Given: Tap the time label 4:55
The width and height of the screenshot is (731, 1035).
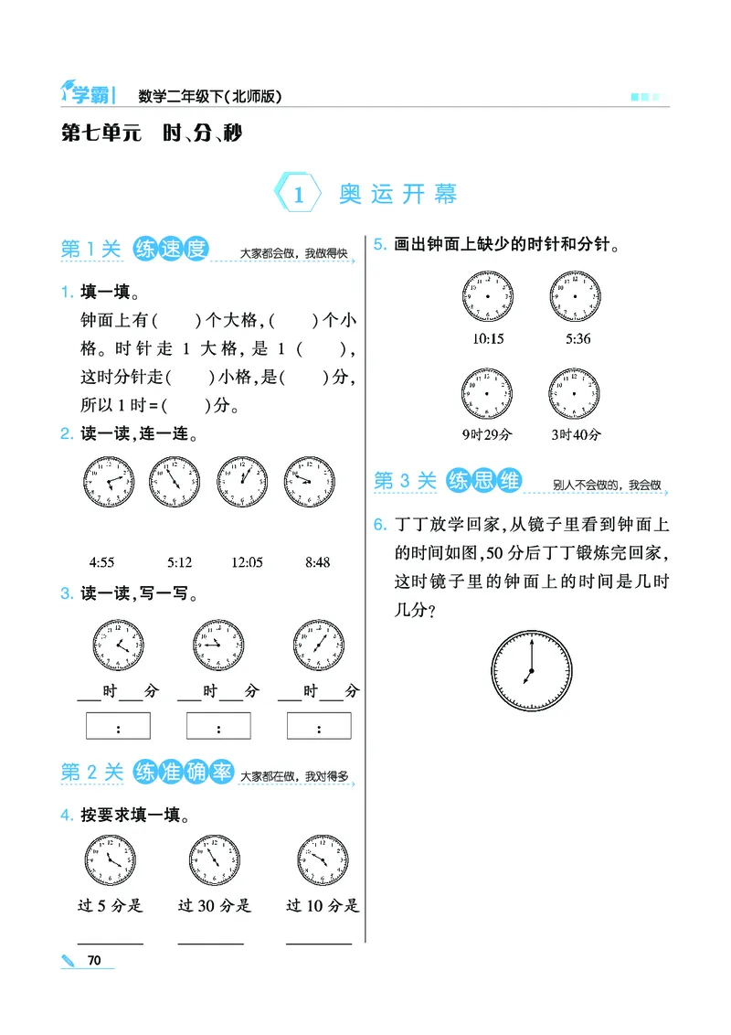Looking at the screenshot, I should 101,562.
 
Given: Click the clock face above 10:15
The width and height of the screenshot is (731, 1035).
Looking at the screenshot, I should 488,297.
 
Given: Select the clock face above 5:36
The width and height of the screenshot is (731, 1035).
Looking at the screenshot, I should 576,297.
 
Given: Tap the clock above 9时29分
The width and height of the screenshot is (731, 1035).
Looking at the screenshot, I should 488,393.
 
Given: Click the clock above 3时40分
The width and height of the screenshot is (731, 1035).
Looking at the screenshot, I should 576,393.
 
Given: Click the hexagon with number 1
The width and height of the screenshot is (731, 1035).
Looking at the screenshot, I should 298,195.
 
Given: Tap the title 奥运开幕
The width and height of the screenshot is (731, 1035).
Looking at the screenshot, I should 398,195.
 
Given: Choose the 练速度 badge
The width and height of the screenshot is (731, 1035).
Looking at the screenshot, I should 171,250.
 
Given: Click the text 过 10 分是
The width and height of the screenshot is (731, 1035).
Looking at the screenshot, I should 323,906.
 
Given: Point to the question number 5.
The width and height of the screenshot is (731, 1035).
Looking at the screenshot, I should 379,245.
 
